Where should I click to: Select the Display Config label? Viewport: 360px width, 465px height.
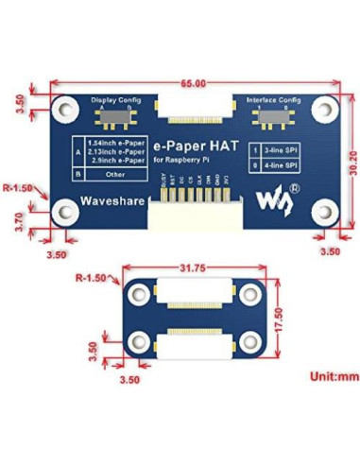tap(116, 99)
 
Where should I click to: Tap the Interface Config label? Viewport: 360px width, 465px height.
tap(273, 99)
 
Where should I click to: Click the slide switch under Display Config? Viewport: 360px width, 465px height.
tap(117, 119)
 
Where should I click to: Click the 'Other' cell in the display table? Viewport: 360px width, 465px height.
tap(118, 175)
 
